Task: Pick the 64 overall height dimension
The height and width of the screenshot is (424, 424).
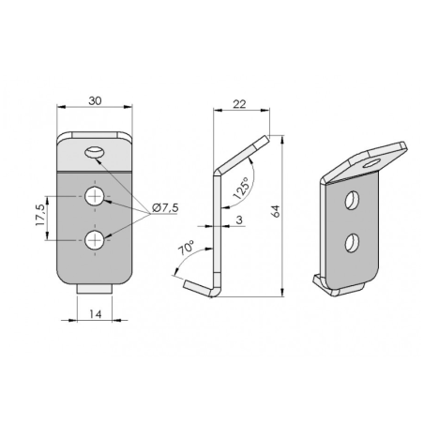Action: tap(275, 214)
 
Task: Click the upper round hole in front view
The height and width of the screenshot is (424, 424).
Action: tap(95, 197)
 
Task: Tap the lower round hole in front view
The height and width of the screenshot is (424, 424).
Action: tap(95, 241)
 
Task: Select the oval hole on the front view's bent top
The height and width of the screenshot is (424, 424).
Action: tap(95, 152)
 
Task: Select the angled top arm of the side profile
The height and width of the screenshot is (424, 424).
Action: tap(242, 154)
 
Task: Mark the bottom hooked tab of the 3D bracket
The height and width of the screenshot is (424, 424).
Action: tap(325, 282)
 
